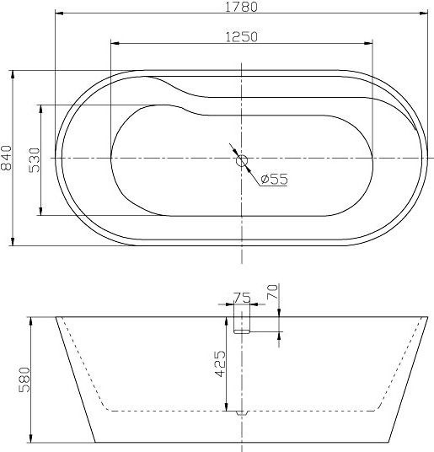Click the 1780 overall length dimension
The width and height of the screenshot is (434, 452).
click(241, 8)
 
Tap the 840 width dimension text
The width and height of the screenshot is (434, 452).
click(8, 158)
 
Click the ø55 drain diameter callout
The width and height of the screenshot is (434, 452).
click(274, 179)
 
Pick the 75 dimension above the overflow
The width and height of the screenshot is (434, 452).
click(241, 297)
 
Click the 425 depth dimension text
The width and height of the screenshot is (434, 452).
click(219, 365)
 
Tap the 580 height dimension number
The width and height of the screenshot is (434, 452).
click(24, 380)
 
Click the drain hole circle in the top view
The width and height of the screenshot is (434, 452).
click(241, 159)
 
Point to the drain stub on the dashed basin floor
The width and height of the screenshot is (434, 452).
click(241, 412)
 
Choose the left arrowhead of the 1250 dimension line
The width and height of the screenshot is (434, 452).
click(115, 43)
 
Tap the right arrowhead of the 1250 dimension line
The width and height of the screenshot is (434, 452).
click(367, 43)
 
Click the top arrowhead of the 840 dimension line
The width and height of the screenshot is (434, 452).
click(13, 73)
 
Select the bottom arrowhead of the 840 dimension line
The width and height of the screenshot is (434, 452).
click(13, 243)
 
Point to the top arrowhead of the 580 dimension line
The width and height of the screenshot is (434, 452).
click(30, 320)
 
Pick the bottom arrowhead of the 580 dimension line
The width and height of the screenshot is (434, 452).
click(30, 439)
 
